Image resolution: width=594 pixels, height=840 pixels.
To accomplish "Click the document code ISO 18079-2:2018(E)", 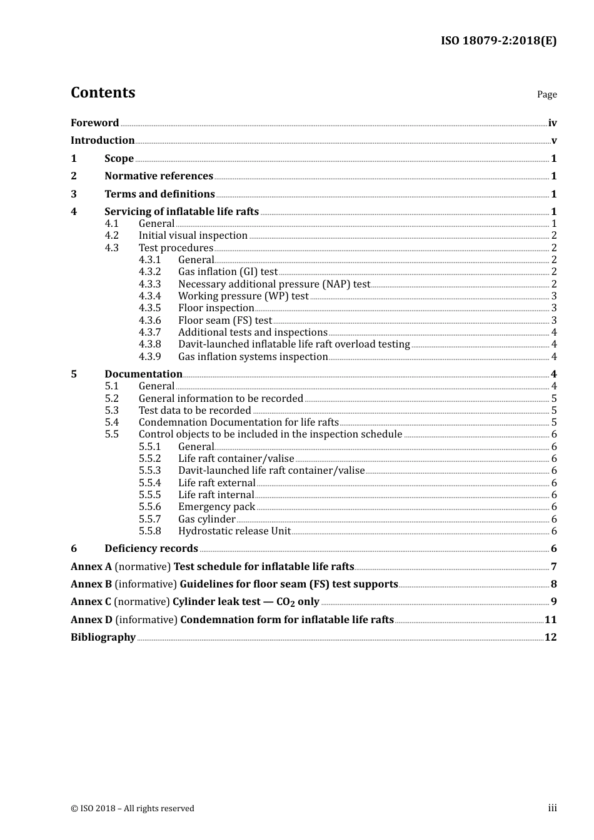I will [498, 41].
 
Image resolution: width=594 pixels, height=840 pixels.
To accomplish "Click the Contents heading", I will [103, 92].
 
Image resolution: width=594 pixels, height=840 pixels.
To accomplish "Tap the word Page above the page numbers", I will [546, 94].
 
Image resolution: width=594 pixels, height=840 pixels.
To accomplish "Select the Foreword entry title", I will [94, 123].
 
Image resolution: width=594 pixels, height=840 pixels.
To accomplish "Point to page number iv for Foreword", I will [552, 123].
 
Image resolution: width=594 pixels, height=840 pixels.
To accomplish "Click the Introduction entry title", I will [103, 141].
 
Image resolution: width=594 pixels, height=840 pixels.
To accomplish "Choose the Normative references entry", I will [159, 176].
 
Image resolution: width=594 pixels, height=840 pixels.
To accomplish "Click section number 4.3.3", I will [149, 284].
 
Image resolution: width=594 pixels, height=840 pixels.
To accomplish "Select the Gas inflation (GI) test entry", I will [228, 272].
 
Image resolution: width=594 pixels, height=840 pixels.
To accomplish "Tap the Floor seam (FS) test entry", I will [225, 321].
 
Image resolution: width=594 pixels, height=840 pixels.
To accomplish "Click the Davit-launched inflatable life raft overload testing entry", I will [294, 344].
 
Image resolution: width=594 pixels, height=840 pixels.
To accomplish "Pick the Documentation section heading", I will [143, 374].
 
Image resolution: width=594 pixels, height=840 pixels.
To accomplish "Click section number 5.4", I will [111, 422].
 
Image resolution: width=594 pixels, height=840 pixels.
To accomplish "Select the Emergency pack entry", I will [216, 507].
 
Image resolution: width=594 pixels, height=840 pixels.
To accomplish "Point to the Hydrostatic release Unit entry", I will [234, 531].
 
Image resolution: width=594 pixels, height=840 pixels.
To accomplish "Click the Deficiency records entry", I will [151, 549].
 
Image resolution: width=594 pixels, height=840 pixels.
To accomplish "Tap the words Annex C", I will [91, 602].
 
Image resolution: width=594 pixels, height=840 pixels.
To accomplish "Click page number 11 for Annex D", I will [550, 620].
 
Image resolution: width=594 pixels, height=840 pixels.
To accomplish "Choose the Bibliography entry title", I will [103, 637].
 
